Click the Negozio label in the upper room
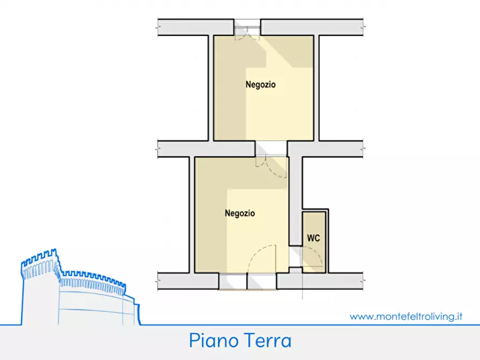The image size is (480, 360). coord(261,84)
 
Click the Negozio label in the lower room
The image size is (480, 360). coord(240,213)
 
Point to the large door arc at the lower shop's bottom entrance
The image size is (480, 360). coord(262,258)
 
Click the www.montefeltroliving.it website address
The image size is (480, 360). coord(406,316)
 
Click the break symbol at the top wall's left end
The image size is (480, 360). coord(158,26)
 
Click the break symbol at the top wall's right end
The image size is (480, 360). coord(363,26)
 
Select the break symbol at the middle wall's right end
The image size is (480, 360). coord(363,148)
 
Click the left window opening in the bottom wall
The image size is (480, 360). coord(233,281)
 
